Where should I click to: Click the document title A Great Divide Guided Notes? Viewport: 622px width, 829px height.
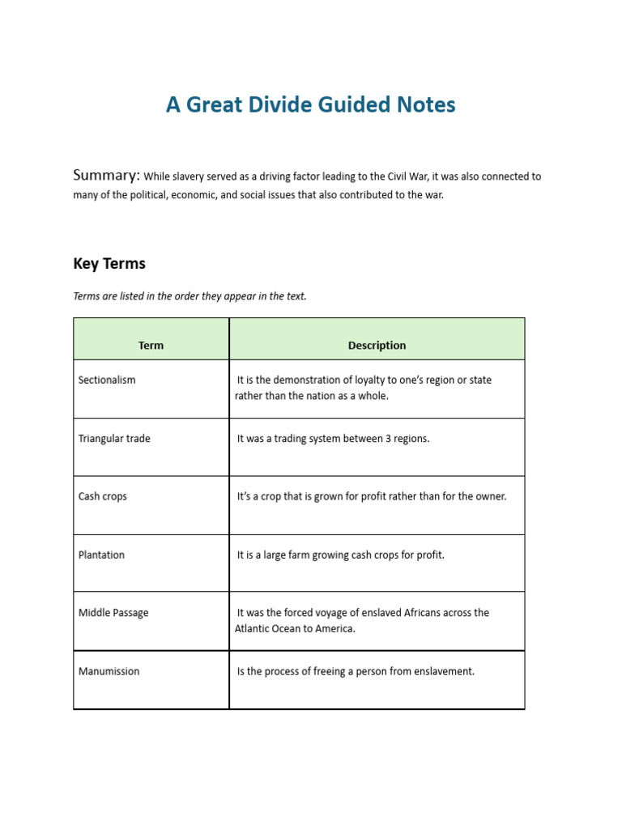pyautogui.click(x=310, y=104)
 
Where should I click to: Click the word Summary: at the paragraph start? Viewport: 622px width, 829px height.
pyautogui.click(x=107, y=176)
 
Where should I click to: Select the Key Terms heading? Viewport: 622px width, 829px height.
pyautogui.click(x=109, y=264)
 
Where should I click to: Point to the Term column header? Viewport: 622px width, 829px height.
pyautogui.click(x=151, y=345)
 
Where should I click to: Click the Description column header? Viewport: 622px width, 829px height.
pyautogui.click(x=377, y=345)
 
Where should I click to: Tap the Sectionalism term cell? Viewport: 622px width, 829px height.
pyautogui.click(x=107, y=380)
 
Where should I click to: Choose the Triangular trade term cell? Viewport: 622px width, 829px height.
pyautogui.click(x=114, y=438)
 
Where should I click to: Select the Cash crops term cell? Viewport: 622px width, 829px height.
pyautogui.click(x=103, y=496)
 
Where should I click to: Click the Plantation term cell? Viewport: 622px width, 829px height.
pyautogui.click(x=101, y=555)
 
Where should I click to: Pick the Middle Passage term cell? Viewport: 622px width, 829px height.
pyautogui.click(x=113, y=613)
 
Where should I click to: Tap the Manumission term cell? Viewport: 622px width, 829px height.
pyautogui.click(x=109, y=671)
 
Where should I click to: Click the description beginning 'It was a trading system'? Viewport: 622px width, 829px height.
pyautogui.click(x=333, y=438)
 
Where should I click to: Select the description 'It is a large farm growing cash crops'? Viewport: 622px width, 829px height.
pyautogui.click(x=340, y=555)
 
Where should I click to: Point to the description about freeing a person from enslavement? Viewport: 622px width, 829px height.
pyautogui.click(x=356, y=671)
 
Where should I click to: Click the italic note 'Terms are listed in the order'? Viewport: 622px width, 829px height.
pyautogui.click(x=190, y=296)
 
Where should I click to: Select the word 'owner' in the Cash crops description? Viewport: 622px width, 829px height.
pyautogui.click(x=489, y=496)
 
